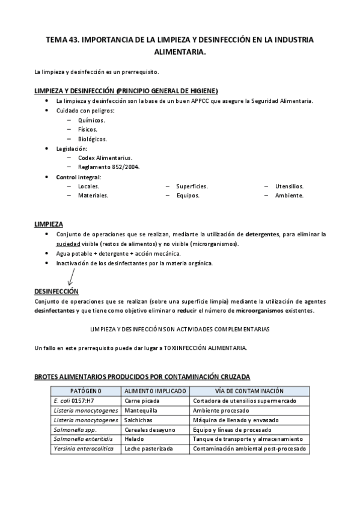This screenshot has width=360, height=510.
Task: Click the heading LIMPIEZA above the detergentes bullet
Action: pos(49,224)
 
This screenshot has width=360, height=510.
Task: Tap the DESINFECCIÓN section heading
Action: pos(56,291)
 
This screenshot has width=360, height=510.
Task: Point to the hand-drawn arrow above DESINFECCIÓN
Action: pos(71,276)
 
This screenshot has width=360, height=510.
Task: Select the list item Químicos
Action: pos(91,120)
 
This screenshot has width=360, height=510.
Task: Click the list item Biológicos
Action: pos(93,139)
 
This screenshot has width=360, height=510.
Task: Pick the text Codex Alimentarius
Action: pos(105,158)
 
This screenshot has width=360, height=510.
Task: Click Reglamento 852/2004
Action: pos(108,167)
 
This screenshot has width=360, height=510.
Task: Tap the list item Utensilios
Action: pos(289,186)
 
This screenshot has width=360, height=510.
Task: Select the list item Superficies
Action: pos(192,186)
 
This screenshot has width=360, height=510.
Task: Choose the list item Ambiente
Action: pos(289,195)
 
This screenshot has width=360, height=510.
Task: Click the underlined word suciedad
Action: pos(68,244)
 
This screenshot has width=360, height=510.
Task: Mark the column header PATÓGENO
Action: pos(86,391)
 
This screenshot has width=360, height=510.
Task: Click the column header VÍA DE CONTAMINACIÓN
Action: pos(249,391)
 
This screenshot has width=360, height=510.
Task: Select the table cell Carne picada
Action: pos(142,400)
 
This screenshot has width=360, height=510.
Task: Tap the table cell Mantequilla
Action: pos(141,410)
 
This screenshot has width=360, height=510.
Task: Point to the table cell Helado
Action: pos(134,439)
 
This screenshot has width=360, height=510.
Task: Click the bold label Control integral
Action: pos(78,177)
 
